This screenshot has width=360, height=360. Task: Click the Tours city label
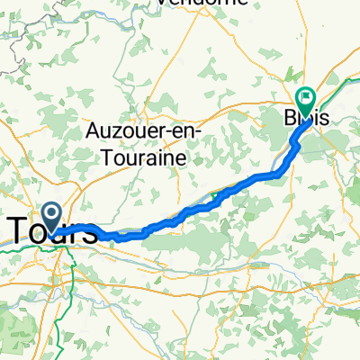coord(54,231)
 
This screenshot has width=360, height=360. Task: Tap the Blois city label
coord(307,117)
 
